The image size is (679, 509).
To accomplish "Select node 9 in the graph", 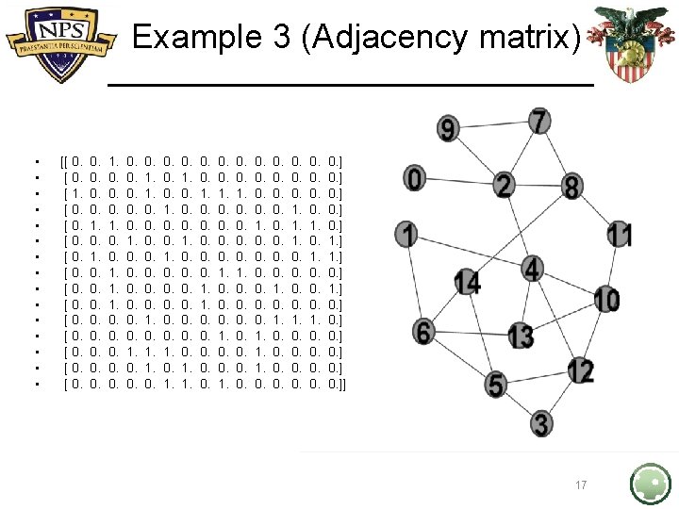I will [449, 129].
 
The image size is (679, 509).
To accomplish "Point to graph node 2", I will [505, 186].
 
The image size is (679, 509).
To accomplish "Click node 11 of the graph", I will [620, 234].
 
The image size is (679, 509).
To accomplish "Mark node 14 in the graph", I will [467, 281].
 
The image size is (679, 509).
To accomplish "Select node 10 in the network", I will [606, 301].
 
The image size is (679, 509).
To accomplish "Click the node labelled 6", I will [424, 332].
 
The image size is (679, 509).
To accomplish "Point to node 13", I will [521, 335].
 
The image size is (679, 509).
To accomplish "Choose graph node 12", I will [581, 371].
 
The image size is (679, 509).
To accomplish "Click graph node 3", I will [541, 423].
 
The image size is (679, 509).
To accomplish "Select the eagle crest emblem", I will [623, 42].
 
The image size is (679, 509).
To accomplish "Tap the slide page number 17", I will [581, 485].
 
